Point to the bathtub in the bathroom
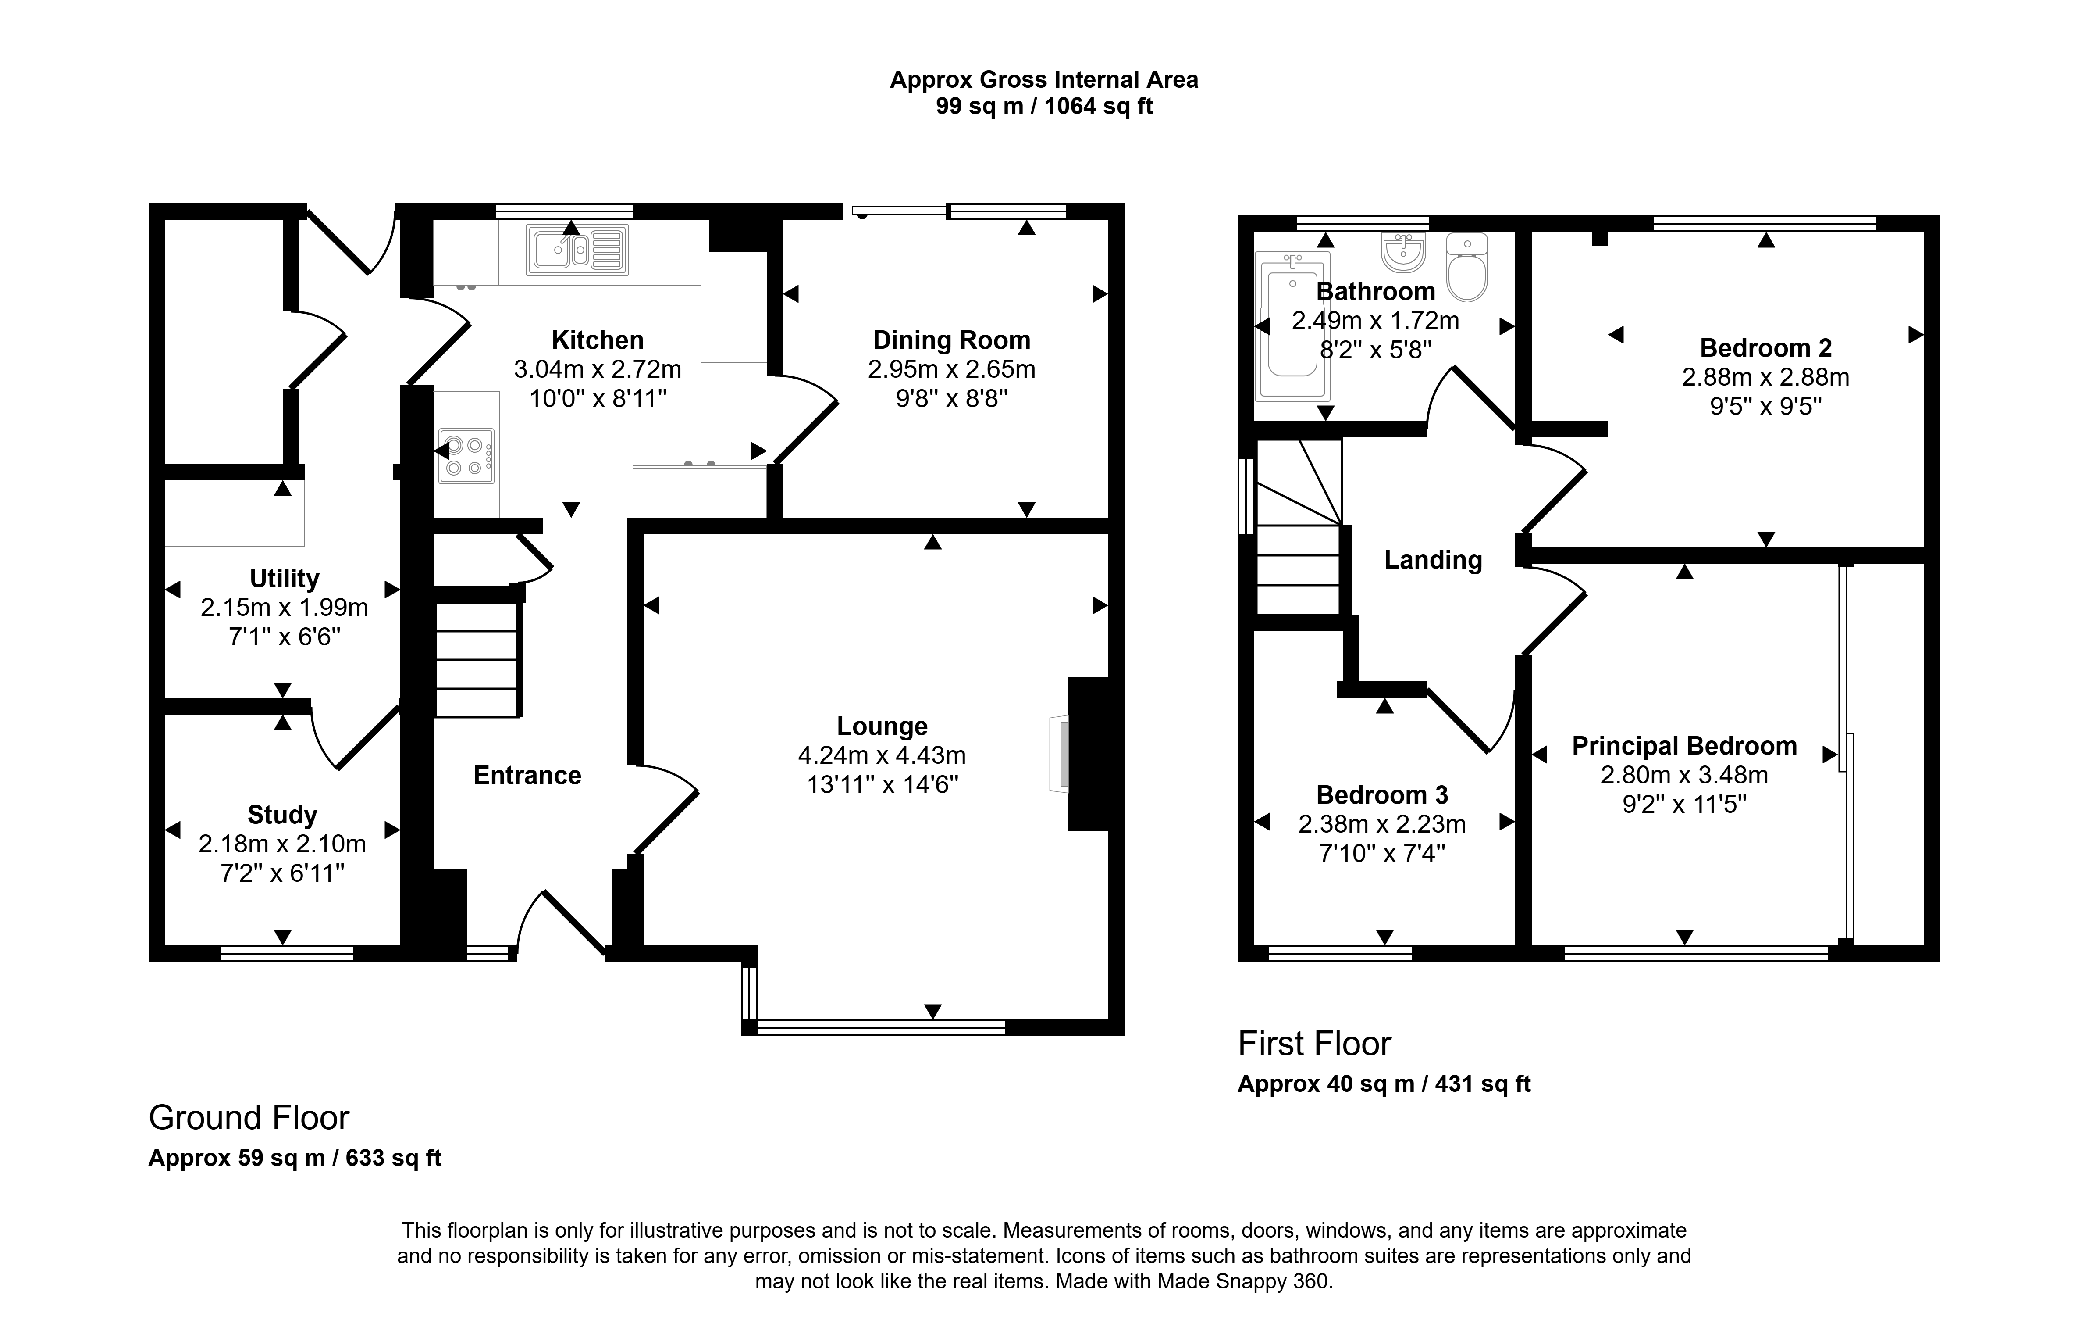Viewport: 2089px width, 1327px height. (x=1292, y=325)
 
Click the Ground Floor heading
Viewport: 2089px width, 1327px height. (x=249, y=1118)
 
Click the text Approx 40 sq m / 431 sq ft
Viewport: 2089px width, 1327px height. (x=1384, y=1084)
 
